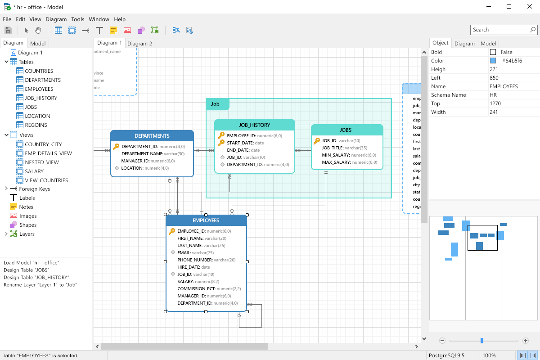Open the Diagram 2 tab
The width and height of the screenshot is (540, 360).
139,43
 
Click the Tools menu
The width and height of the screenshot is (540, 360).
78,19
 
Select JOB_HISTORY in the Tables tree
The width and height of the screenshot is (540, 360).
40,98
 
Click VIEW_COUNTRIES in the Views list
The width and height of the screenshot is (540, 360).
46,180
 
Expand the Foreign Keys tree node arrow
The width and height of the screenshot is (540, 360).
6,189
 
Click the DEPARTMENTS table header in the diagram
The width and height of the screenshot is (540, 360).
152,136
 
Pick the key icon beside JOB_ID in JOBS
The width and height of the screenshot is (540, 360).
317,141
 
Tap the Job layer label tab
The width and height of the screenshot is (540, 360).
216,104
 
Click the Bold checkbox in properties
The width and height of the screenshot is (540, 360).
493,52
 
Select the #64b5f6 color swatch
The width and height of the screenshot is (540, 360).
493,61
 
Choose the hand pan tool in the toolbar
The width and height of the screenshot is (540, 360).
38,30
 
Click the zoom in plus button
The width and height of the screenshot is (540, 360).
526,341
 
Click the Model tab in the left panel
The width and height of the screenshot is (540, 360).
38,44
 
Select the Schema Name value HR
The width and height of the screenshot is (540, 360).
493,95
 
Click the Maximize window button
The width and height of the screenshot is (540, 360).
509,6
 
